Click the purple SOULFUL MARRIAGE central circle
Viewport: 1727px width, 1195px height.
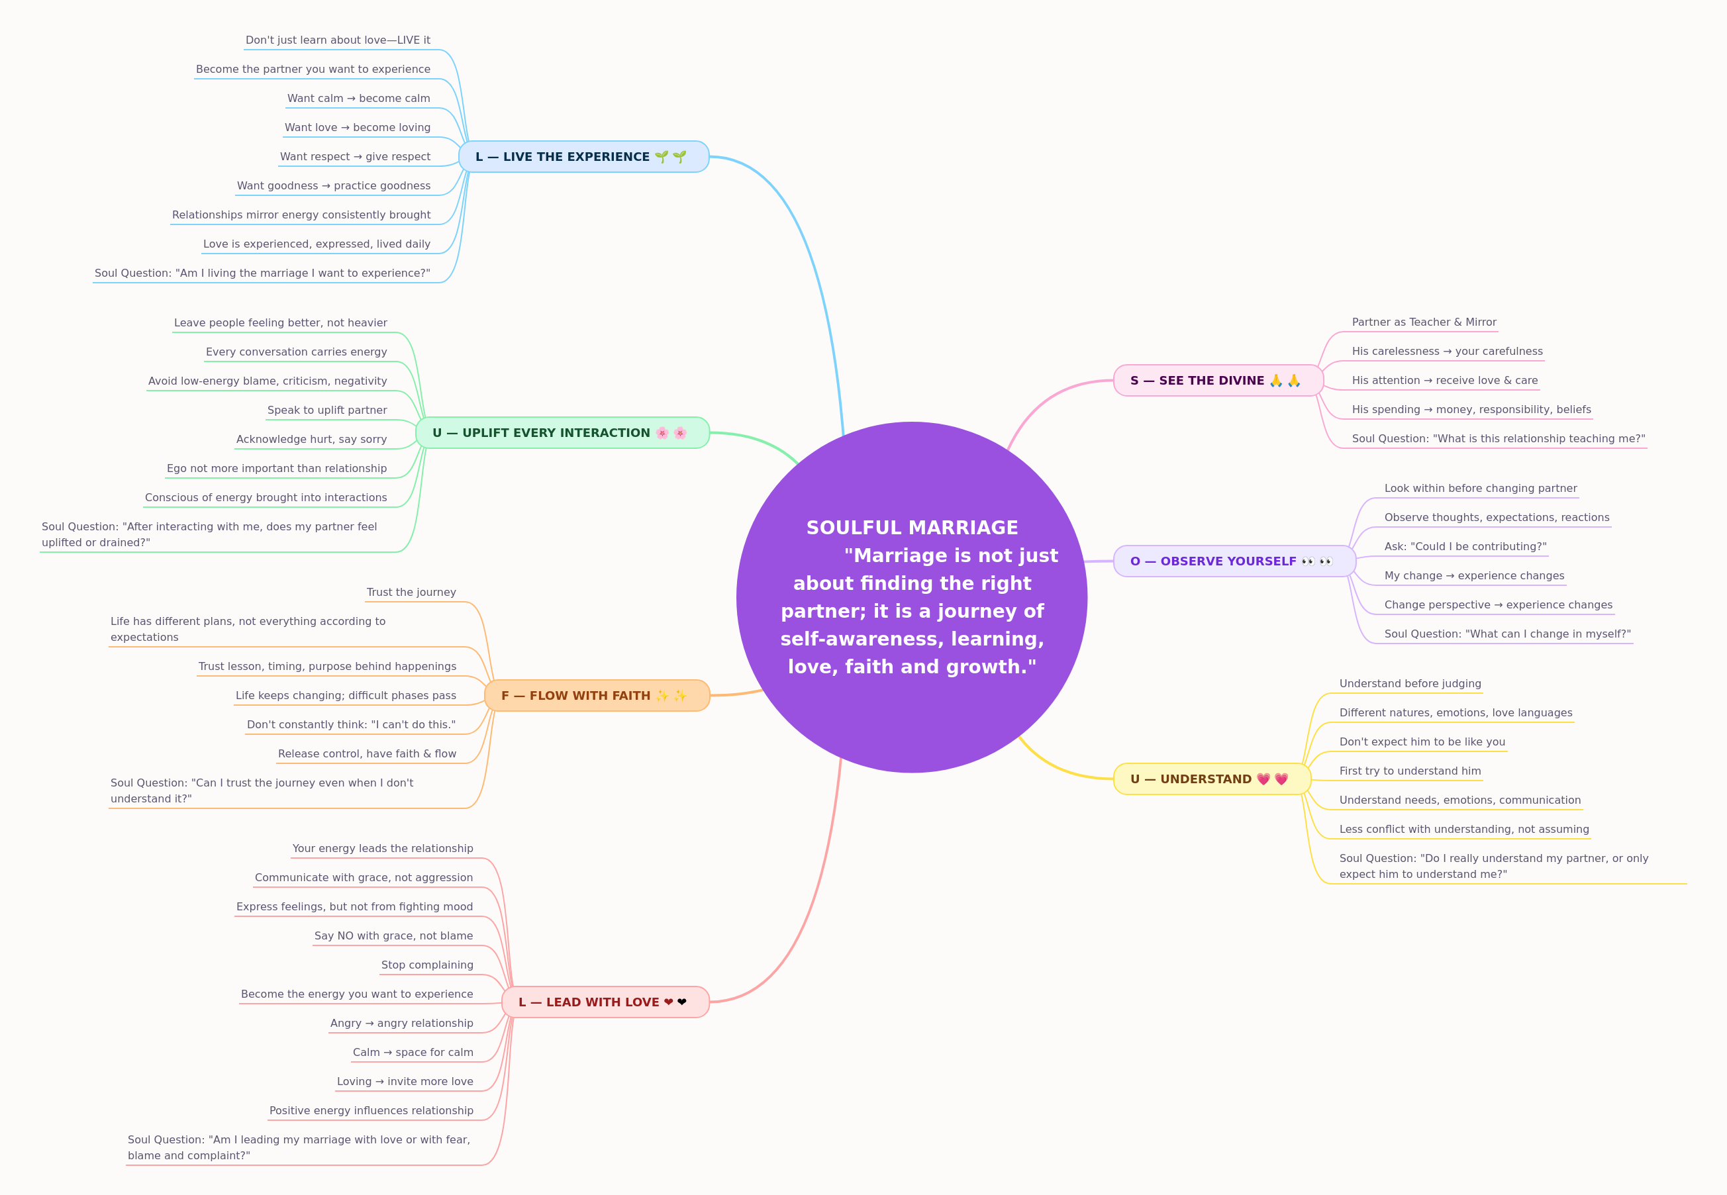(x=911, y=597)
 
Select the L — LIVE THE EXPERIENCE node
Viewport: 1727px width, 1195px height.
(x=583, y=156)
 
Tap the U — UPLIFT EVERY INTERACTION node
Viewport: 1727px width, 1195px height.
(x=562, y=433)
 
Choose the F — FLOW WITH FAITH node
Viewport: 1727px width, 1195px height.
(x=597, y=696)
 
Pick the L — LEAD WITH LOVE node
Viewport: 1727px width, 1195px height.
(x=605, y=1002)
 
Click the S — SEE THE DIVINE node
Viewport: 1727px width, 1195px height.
(x=1218, y=381)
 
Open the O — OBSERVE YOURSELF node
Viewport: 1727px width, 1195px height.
(x=1234, y=561)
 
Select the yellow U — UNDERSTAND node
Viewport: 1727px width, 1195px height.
(x=1212, y=779)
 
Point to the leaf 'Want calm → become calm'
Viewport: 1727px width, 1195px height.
(x=359, y=98)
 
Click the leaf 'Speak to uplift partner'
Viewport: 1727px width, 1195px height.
(x=327, y=410)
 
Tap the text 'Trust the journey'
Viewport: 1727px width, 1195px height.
(x=411, y=593)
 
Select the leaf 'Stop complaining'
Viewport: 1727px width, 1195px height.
(x=427, y=965)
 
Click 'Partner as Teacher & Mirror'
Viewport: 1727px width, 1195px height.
(x=1424, y=322)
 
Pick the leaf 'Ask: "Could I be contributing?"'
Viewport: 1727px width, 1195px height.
(x=1465, y=547)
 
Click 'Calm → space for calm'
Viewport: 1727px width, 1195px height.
(x=413, y=1053)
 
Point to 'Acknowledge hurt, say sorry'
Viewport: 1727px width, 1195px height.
(x=311, y=440)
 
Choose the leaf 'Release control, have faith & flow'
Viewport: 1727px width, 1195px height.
(x=367, y=754)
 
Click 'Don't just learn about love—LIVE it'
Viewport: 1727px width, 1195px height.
(x=338, y=40)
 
